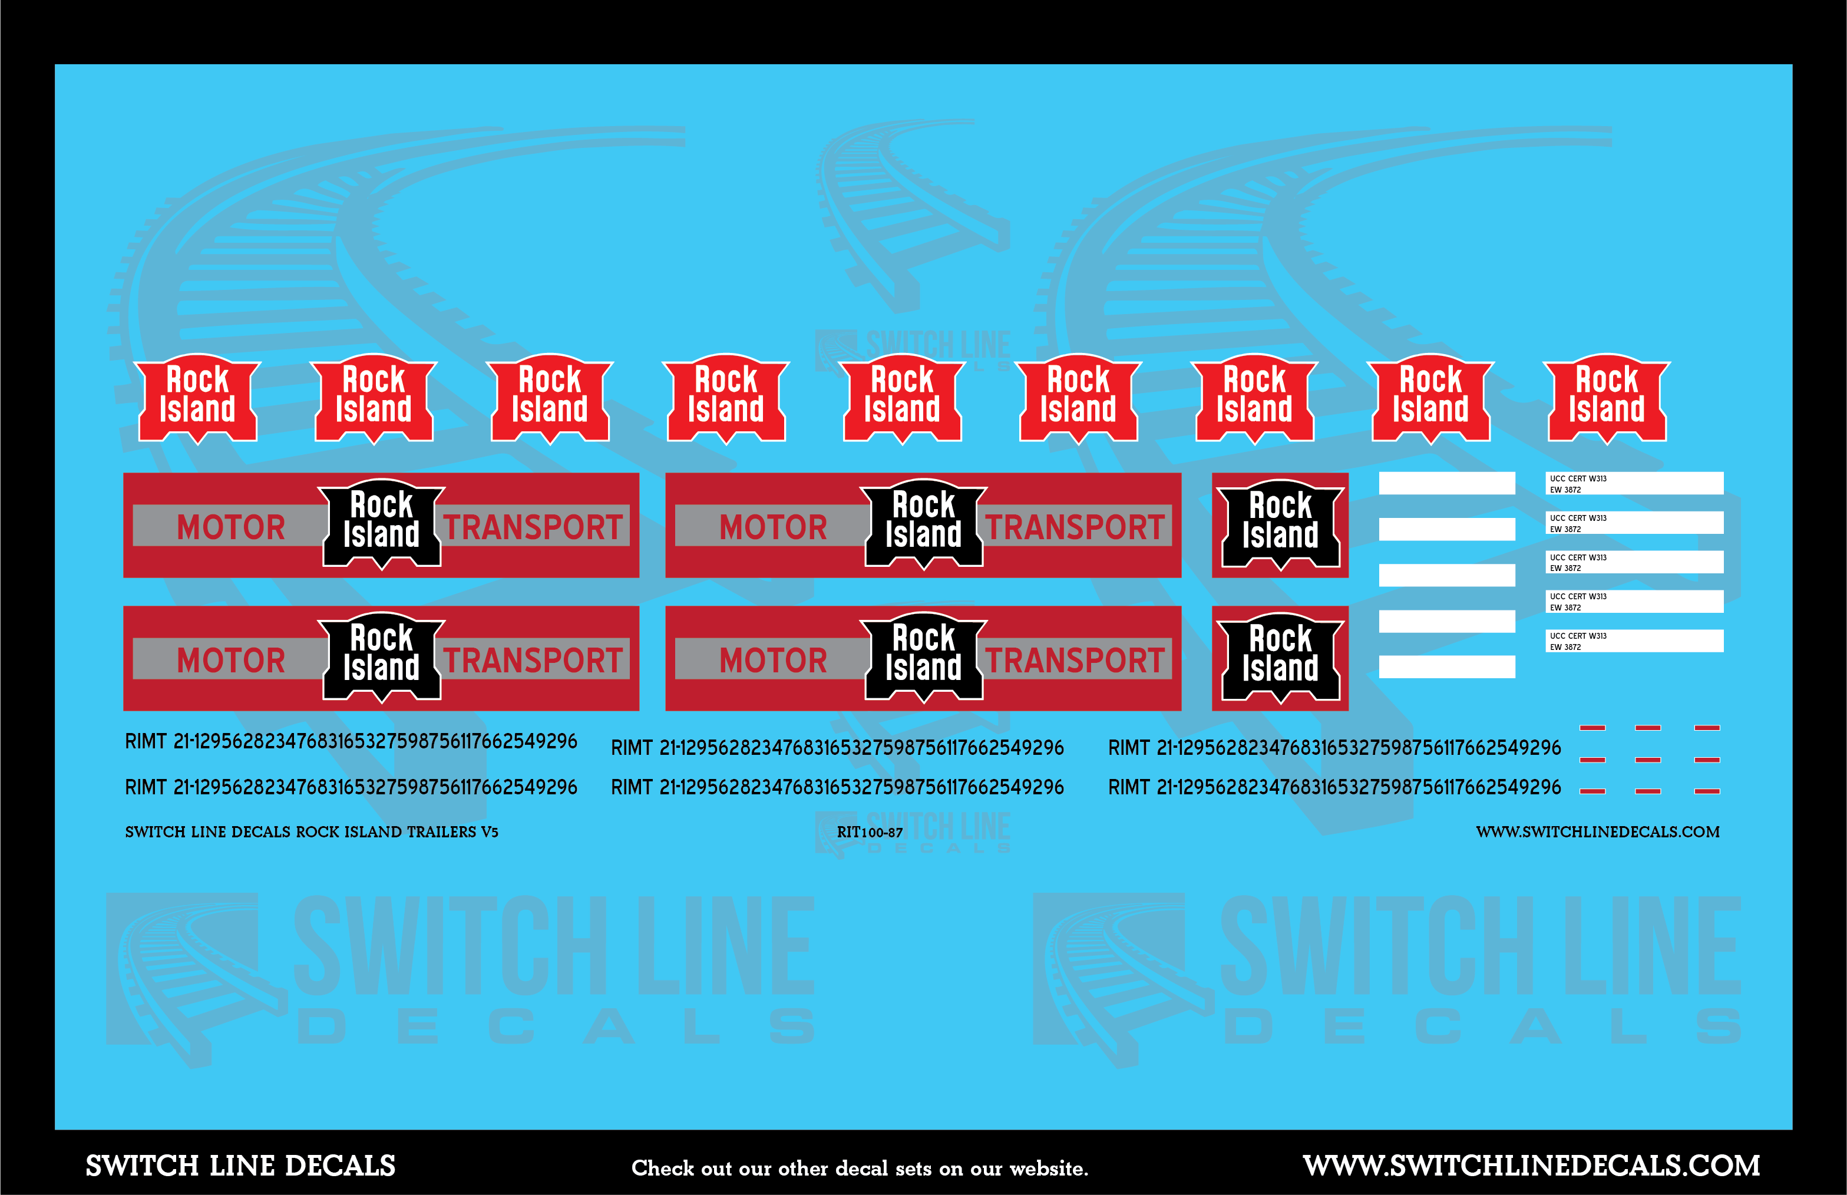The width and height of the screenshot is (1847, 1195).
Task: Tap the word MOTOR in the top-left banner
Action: pos(230,527)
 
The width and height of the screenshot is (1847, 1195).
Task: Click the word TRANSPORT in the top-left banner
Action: pos(533,527)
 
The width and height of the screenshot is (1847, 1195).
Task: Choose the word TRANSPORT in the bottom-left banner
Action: pos(533,661)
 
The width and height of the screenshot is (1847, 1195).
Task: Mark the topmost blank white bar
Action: pos(1447,483)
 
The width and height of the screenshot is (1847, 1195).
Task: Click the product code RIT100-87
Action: pos(870,833)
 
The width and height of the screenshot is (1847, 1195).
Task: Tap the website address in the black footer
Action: pos(1531,1166)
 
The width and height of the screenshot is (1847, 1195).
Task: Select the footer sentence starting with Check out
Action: pos(860,1168)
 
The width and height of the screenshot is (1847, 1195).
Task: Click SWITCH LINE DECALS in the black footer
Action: pos(240,1166)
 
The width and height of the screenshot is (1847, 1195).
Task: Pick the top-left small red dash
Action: pos(1592,728)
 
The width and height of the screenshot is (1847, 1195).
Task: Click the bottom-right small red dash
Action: pos(1707,791)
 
